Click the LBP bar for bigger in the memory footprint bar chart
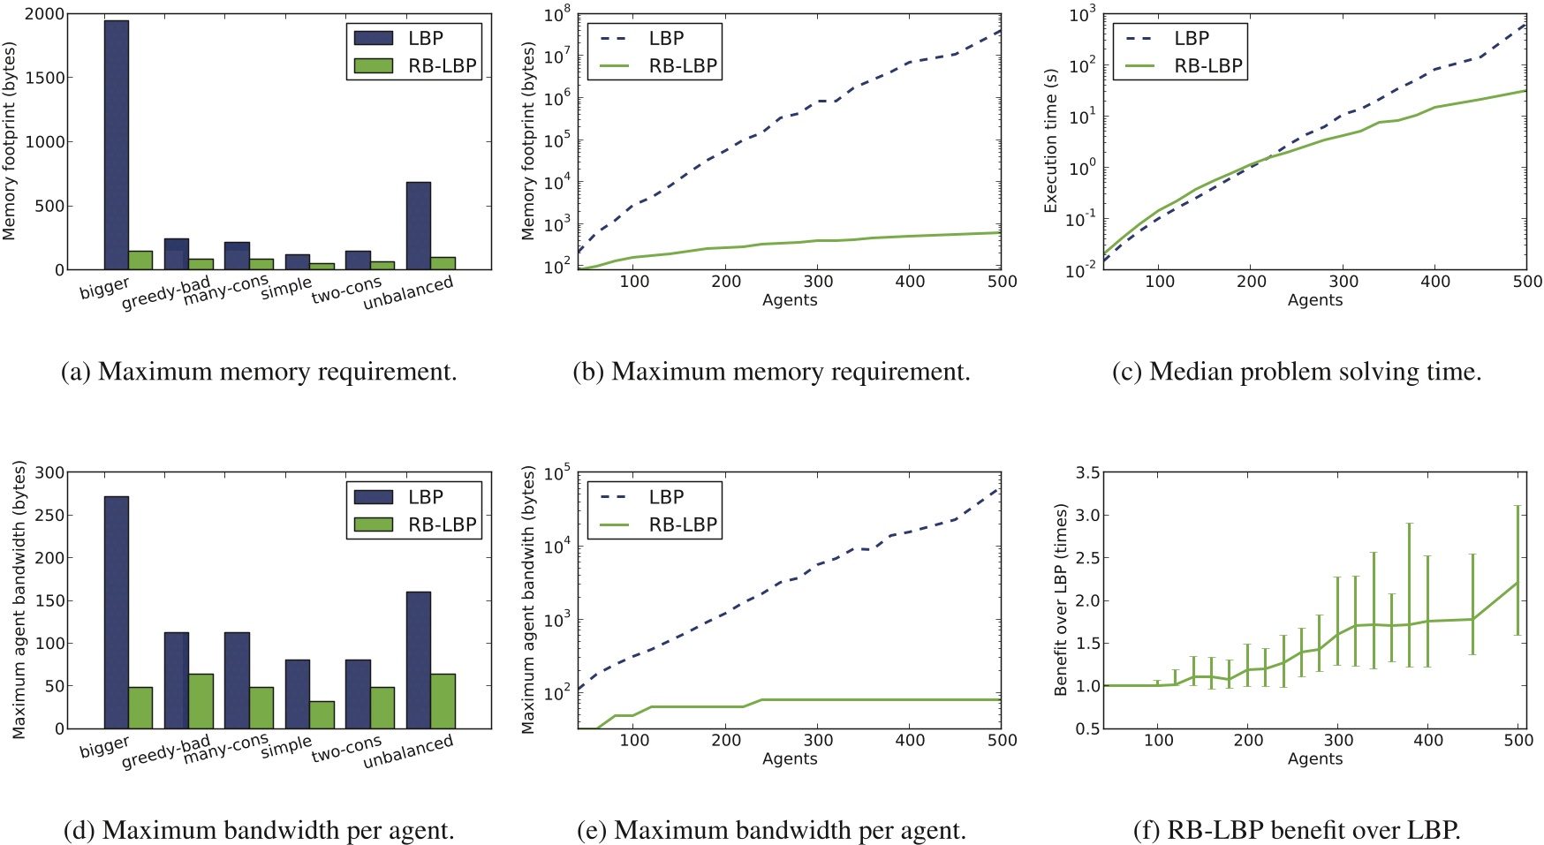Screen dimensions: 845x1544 tap(117, 145)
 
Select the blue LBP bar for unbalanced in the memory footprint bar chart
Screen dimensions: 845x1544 tap(418, 226)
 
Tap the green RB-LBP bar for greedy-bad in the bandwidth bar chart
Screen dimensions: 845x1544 tap(201, 701)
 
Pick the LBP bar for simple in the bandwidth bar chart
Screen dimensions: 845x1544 tap(297, 694)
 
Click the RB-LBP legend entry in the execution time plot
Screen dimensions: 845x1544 tap(1180, 66)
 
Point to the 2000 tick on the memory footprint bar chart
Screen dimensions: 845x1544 tap(44, 14)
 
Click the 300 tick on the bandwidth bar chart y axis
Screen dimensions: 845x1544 tap(49, 472)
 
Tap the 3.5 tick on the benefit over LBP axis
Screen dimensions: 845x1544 tap(1087, 473)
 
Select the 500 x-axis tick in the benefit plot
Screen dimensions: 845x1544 tap(1518, 740)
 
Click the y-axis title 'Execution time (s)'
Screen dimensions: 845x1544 tap(1051, 141)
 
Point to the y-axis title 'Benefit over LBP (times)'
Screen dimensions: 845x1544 tap(1062, 600)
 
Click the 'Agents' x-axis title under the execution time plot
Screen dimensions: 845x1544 tap(1314, 300)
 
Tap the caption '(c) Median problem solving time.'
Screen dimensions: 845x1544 tap(1297, 372)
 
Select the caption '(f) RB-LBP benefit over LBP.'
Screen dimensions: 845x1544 tap(1297, 830)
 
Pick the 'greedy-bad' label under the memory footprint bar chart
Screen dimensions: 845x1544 tap(166, 292)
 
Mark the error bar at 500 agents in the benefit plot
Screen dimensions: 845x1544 tap(1518, 570)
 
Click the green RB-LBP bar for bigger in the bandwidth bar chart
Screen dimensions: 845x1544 tap(140, 707)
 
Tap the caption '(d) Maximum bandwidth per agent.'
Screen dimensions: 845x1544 tap(260, 830)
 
